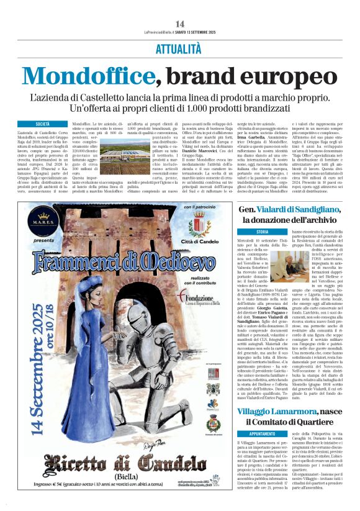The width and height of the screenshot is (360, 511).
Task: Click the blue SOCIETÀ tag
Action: tap(43, 124)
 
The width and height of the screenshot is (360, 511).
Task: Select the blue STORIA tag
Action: tap(245, 232)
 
